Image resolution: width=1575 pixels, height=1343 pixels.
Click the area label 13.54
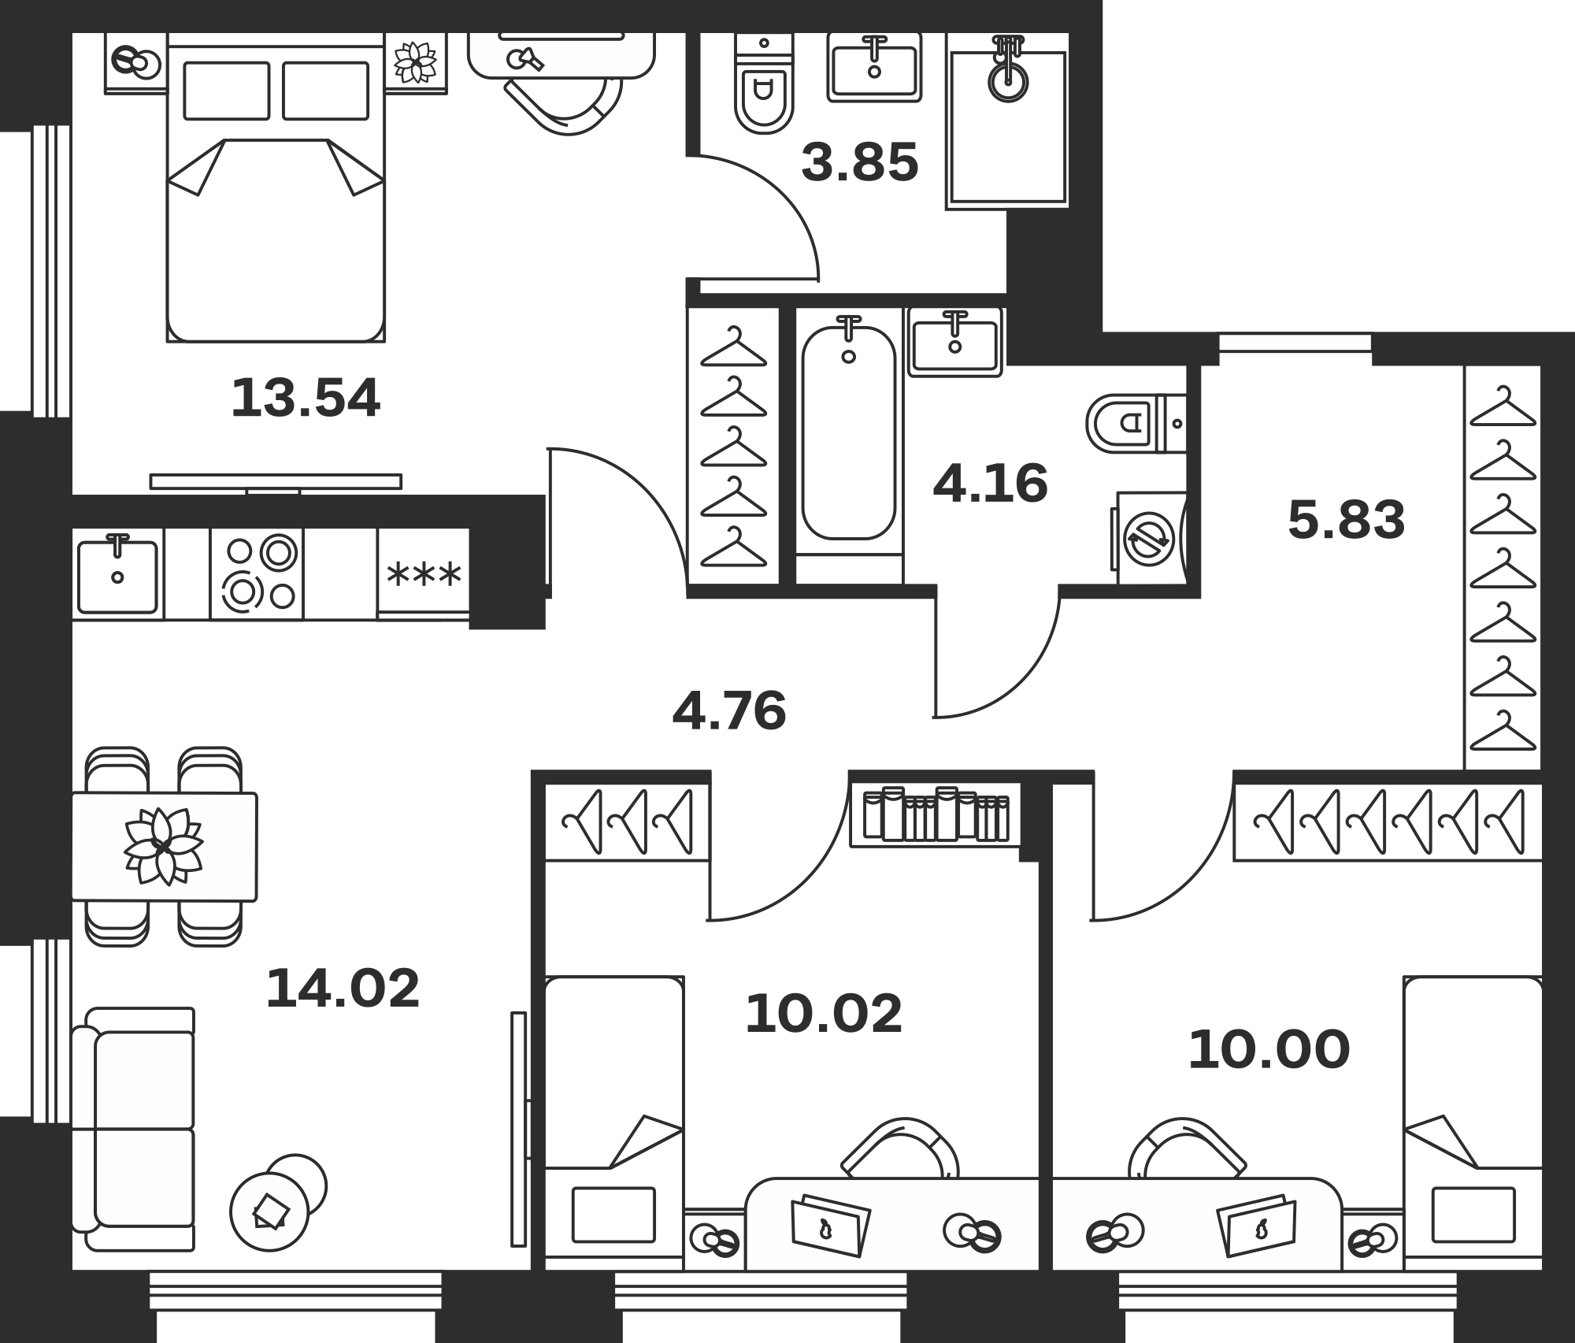point(306,398)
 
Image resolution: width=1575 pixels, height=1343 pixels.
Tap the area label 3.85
point(860,162)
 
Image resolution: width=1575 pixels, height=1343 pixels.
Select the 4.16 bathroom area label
point(991,483)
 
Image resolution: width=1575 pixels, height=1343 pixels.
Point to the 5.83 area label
point(1347,521)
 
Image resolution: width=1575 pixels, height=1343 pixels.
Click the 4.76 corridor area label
point(729,710)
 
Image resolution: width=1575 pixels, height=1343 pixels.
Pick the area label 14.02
point(343,989)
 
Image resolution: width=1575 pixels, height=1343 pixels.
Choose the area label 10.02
point(824,1014)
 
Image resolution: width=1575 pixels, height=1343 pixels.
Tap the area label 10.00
point(1269,1050)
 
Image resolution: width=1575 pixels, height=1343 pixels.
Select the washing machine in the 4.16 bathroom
point(1151,539)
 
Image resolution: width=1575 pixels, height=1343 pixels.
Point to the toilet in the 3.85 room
point(764,83)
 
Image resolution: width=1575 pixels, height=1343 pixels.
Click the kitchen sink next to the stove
point(117,573)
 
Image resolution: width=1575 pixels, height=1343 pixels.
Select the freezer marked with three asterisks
point(424,573)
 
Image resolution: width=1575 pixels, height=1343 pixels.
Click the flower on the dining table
point(163,846)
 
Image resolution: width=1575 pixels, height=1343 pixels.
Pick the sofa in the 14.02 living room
point(133,1129)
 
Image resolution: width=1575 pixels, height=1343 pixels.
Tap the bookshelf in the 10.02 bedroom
point(936,815)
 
